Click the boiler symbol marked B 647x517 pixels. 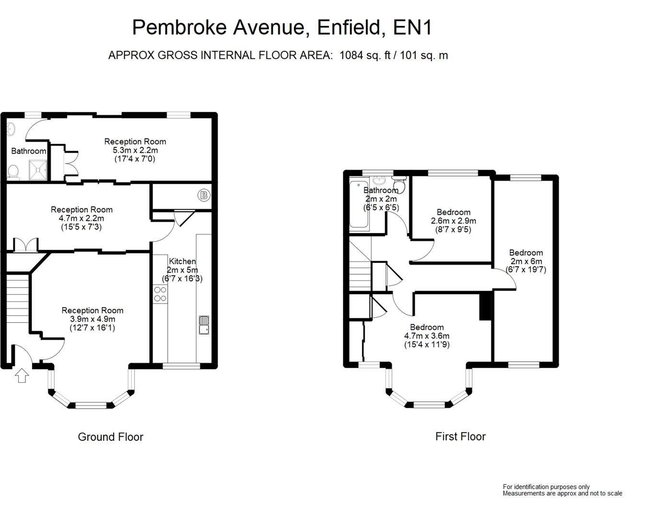(204, 195)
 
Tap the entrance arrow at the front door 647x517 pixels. (22, 375)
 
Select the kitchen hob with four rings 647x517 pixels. (160, 294)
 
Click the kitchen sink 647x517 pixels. (204, 325)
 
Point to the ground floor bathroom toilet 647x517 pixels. (14, 171)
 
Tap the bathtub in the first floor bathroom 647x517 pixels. (358, 204)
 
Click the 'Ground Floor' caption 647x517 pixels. (110, 437)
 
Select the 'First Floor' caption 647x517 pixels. (460, 436)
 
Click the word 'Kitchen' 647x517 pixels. (182, 261)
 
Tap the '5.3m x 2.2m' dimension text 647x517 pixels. (135, 150)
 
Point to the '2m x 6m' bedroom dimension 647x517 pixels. (526, 261)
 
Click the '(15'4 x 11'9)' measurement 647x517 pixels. (427, 344)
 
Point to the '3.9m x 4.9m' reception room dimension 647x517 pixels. (92, 319)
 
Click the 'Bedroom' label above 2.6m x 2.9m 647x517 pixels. (453, 212)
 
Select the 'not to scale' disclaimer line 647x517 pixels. (562, 493)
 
